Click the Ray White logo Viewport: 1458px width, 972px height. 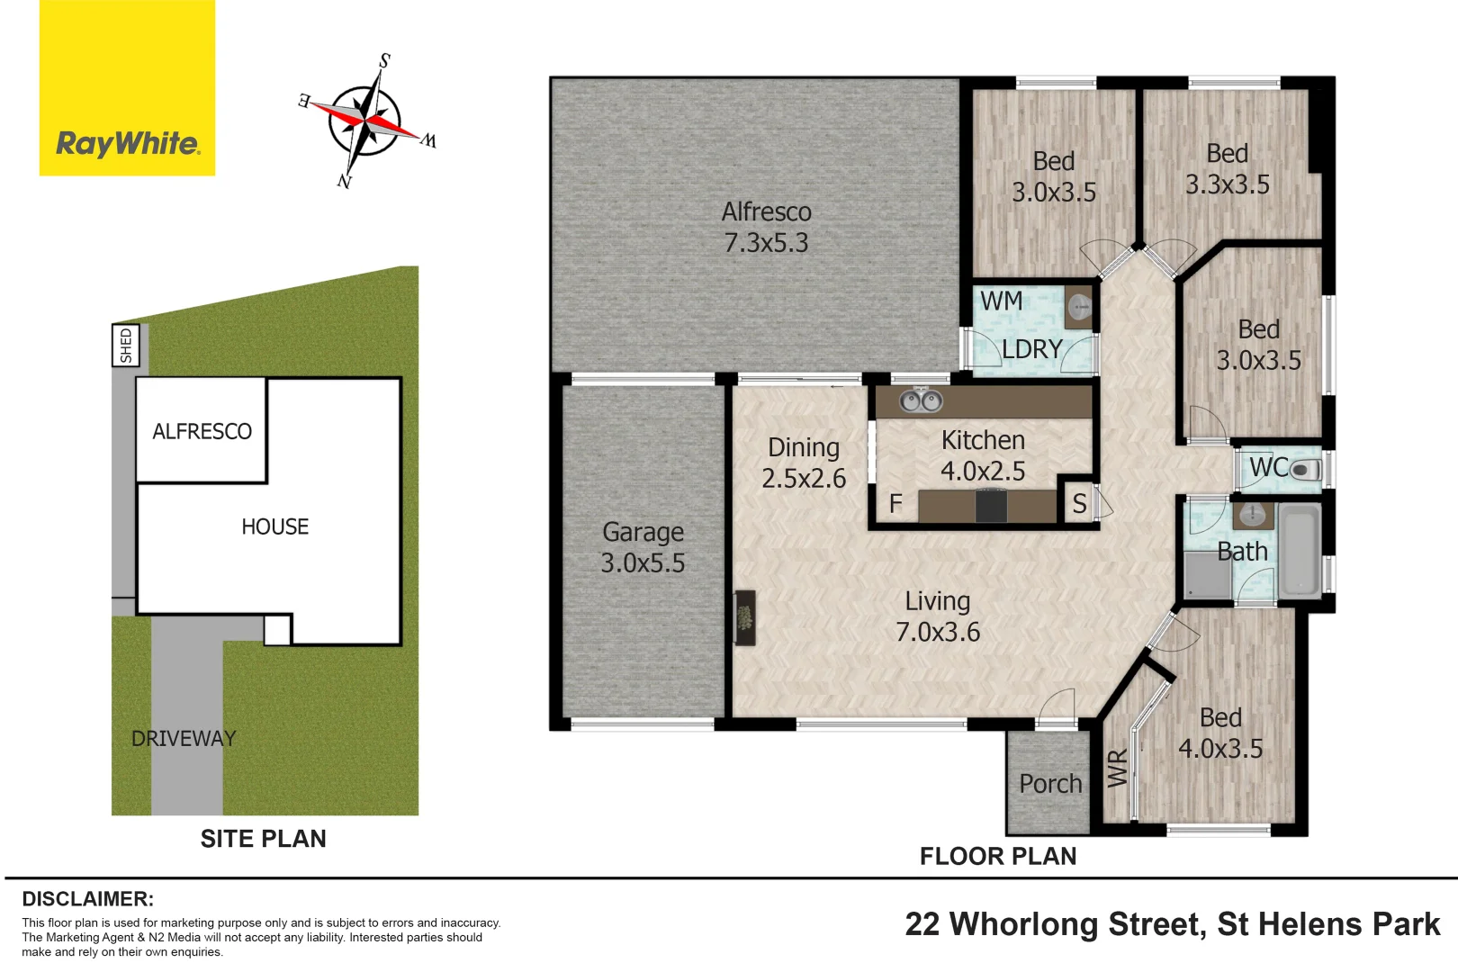point(127,88)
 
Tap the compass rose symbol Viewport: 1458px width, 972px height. point(365,121)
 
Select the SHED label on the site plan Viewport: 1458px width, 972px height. point(125,346)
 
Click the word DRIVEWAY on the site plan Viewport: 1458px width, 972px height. point(184,739)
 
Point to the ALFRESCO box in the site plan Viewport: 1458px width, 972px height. point(202,431)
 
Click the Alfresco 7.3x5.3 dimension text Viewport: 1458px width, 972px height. point(766,243)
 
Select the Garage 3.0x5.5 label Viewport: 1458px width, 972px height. point(643,547)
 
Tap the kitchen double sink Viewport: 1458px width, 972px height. point(921,400)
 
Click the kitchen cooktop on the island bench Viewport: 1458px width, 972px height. point(991,506)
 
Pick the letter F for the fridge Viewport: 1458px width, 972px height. point(895,504)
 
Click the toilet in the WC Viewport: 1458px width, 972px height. point(1304,469)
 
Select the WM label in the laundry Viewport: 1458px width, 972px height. point(1001,301)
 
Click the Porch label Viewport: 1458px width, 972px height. point(1049,784)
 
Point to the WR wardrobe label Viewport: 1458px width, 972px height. point(1117,768)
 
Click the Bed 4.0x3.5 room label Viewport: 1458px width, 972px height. point(1220,733)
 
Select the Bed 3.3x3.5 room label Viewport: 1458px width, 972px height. point(1227,169)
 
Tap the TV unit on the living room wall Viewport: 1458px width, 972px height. point(744,617)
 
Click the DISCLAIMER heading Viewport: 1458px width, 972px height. point(87,899)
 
